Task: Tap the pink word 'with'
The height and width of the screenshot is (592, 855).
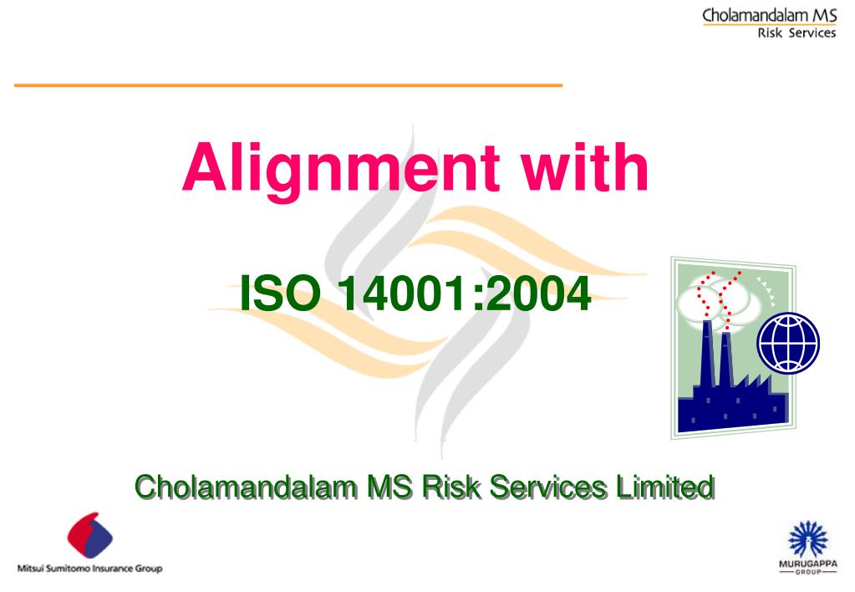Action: coord(584,167)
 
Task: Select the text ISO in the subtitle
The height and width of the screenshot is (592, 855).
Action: coord(280,293)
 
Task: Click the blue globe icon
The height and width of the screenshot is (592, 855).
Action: coord(788,343)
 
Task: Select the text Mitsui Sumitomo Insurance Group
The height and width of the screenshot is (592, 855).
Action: coord(90,569)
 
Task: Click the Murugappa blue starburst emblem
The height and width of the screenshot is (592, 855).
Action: coord(808,539)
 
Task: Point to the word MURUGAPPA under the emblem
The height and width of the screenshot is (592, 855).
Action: coord(808,564)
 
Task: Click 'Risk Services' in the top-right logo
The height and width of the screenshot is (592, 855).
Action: coord(796,33)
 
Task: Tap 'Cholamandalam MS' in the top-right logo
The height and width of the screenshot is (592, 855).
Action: coord(769,15)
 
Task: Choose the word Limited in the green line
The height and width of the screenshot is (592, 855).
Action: coord(665,486)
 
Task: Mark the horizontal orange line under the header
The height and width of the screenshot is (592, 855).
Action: coord(288,85)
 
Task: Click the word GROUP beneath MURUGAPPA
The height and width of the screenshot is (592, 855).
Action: coord(808,572)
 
